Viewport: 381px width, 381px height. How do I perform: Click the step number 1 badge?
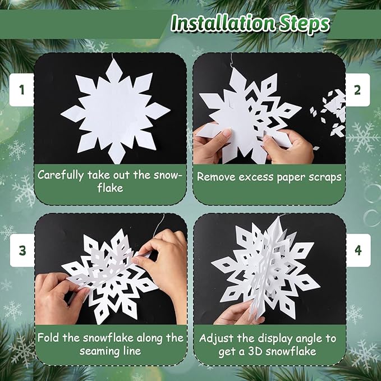pyautogui.click(x=21, y=89)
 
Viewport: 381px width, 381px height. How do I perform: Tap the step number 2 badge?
pyautogui.click(x=357, y=89)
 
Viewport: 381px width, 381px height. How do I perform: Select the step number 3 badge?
pyautogui.click(x=22, y=250)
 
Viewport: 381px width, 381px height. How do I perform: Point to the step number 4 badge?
pyautogui.click(x=357, y=250)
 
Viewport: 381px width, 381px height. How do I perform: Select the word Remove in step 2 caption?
pyautogui.click(x=215, y=176)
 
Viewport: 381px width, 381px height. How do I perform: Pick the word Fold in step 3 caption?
pyautogui.click(x=48, y=338)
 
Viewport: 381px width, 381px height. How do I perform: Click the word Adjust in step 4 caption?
pyautogui.click(x=216, y=338)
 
